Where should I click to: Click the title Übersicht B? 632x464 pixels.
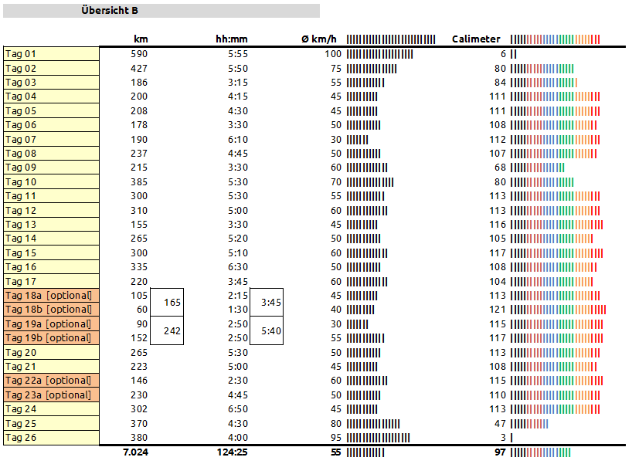pyautogui.click(x=110, y=11)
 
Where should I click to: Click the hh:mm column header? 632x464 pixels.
pyautogui.click(x=232, y=39)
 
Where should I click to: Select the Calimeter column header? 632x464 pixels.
pyautogui.click(x=476, y=39)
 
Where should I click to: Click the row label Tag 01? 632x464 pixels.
pyautogui.click(x=21, y=54)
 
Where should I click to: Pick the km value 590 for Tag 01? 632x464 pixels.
pyautogui.click(x=139, y=54)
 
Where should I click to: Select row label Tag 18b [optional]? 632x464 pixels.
pyautogui.click(x=48, y=310)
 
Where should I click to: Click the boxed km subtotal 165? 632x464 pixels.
pyautogui.click(x=172, y=303)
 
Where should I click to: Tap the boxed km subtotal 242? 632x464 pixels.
pyautogui.click(x=172, y=330)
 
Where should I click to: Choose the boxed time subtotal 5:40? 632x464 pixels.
pyautogui.click(x=271, y=330)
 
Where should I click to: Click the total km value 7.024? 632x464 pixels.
pyautogui.click(x=135, y=452)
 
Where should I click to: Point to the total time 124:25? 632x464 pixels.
pyautogui.click(x=232, y=452)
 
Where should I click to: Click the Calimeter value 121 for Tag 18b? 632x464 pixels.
pyautogui.click(x=498, y=310)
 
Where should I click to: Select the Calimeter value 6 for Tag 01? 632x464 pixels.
pyautogui.click(x=503, y=54)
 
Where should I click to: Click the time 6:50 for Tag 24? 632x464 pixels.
pyautogui.click(x=238, y=409)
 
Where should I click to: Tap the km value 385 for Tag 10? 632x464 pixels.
pyautogui.click(x=139, y=182)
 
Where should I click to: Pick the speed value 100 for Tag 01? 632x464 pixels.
pyautogui.click(x=333, y=54)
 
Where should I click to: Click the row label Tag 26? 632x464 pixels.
pyautogui.click(x=21, y=438)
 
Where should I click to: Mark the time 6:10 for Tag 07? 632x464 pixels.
pyautogui.click(x=238, y=140)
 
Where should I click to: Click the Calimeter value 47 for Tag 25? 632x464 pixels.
pyautogui.click(x=501, y=424)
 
